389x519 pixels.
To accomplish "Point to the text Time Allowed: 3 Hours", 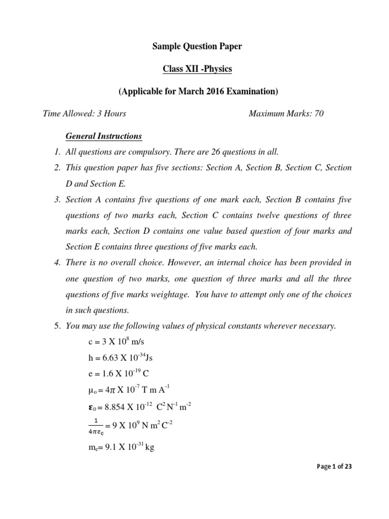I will [x=85, y=114].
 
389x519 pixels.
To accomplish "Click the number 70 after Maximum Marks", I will [x=319, y=114].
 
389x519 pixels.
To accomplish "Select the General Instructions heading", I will [x=104, y=136].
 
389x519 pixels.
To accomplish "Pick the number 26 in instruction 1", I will [x=225, y=152].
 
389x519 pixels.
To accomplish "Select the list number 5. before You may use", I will [x=57, y=326].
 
